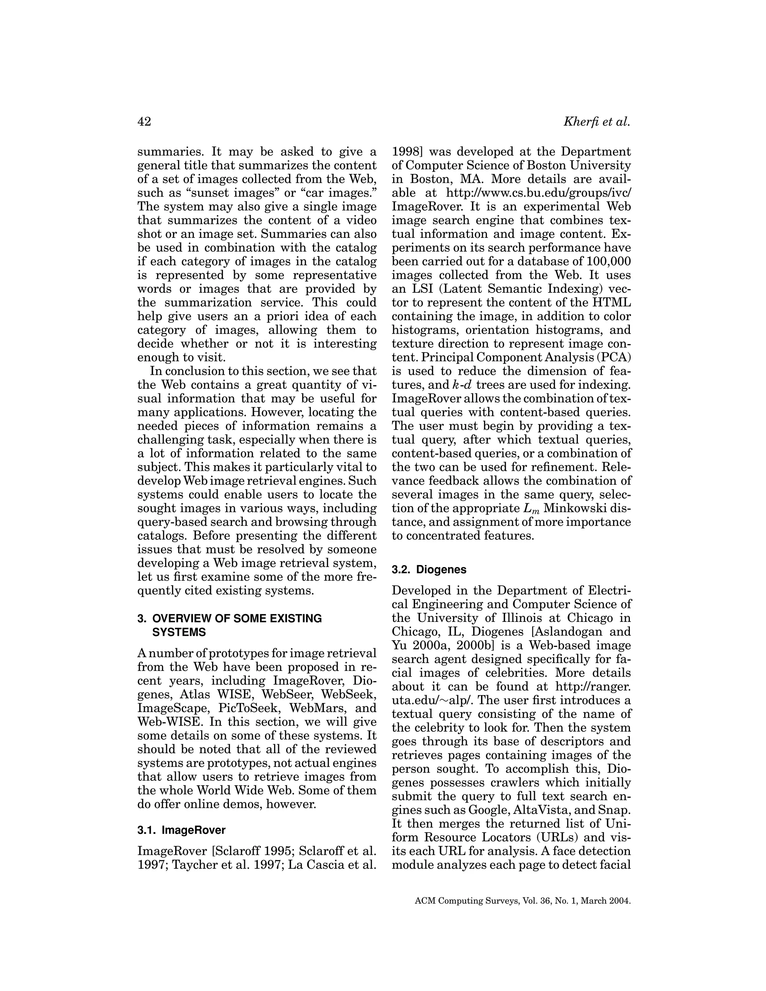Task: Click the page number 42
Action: pyautogui.click(x=144, y=122)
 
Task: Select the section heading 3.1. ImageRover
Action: pyautogui.click(x=181, y=830)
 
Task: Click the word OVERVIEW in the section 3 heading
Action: pyautogui.click(x=183, y=619)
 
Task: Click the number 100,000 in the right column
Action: pyautogui.click(x=609, y=262)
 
